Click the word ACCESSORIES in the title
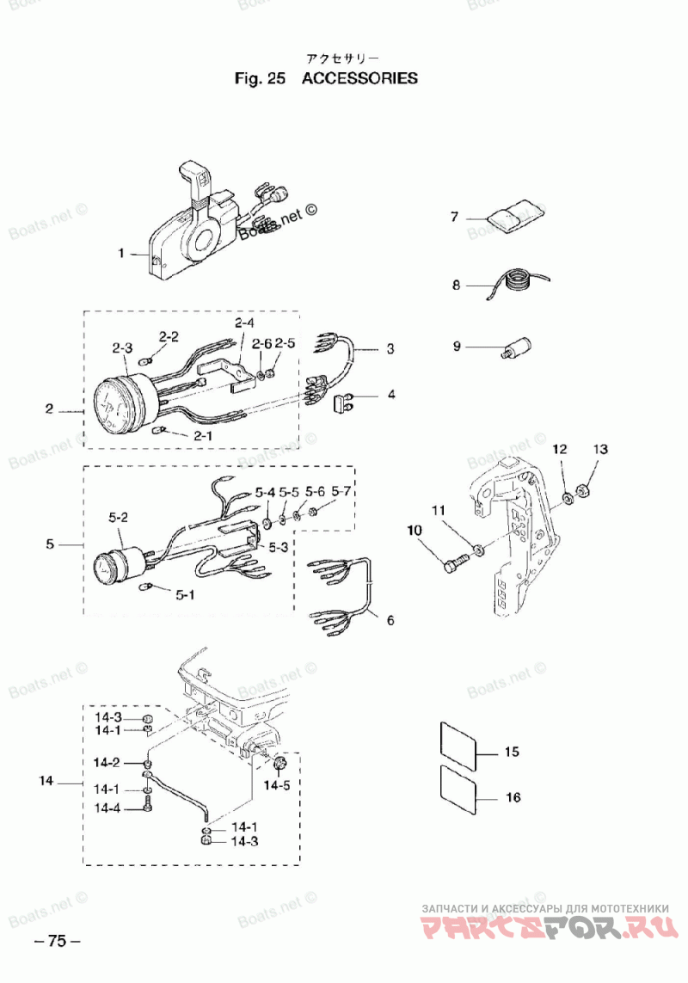pyautogui.click(x=360, y=78)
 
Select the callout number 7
pyautogui.click(x=455, y=217)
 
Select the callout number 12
pyautogui.click(x=560, y=449)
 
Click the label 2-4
pyautogui.click(x=244, y=323)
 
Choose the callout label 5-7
pyautogui.click(x=341, y=492)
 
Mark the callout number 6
pyautogui.click(x=390, y=620)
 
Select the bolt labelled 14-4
pyautogui.click(x=147, y=804)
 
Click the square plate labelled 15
pyautogui.click(x=460, y=744)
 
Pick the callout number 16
pyautogui.click(x=513, y=797)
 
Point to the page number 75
pyautogui.click(x=57, y=940)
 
